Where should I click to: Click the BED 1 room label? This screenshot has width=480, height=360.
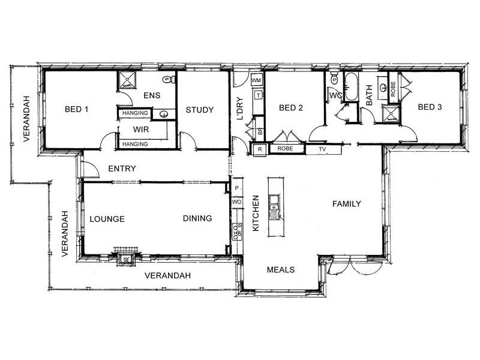76,109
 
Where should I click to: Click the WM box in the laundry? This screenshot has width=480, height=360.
256,80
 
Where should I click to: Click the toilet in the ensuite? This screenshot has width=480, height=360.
167,79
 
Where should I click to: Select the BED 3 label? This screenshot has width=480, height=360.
430,107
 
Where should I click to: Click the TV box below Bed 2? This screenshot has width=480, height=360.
322,149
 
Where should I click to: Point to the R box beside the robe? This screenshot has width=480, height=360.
260,149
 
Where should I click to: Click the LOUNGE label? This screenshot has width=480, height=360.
107,219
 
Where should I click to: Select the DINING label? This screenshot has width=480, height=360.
197,218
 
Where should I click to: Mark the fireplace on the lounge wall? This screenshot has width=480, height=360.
126,256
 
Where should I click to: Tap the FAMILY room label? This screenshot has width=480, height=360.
347,204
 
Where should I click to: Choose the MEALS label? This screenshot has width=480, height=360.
281,269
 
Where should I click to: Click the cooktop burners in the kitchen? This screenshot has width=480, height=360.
237,230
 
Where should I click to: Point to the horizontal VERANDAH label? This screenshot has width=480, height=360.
168,275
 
